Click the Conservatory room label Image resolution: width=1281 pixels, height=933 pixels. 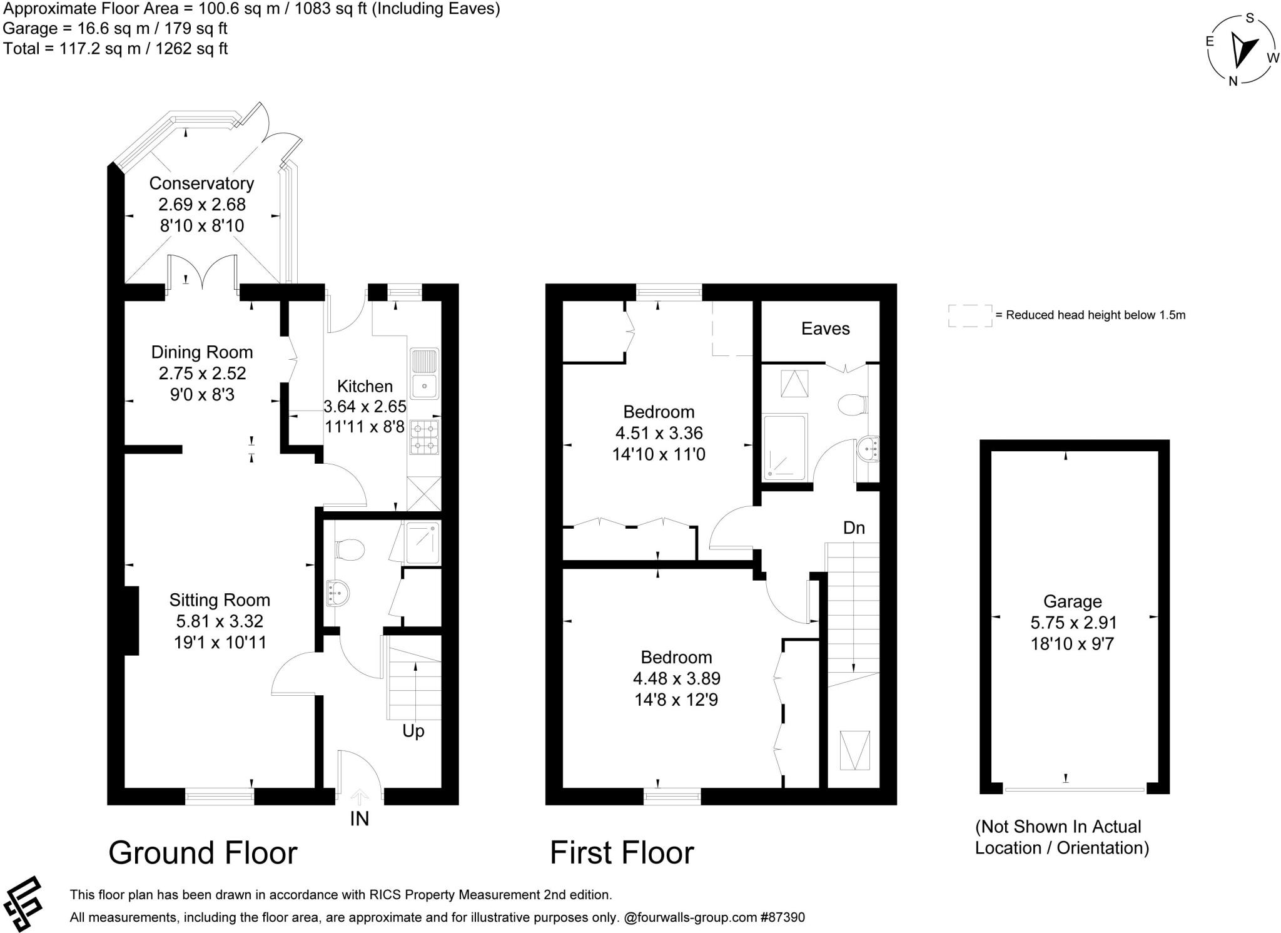[x=201, y=183]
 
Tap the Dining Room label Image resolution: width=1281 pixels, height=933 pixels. [x=202, y=352]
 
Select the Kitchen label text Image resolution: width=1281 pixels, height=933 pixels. [x=365, y=386]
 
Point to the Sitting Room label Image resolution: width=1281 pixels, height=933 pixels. [x=220, y=600]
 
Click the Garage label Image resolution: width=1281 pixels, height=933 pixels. [x=1072, y=601]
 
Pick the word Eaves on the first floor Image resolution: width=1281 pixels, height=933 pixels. [x=826, y=329]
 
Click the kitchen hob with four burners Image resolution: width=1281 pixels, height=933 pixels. [x=425, y=437]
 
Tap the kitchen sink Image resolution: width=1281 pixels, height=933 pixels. [x=425, y=374]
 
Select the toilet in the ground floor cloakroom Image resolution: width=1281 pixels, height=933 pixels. [x=350, y=549]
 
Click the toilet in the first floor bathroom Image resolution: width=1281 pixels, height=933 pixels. [x=852, y=404]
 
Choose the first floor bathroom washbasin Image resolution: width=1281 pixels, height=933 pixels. [x=868, y=449]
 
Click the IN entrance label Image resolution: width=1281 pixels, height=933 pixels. [x=360, y=818]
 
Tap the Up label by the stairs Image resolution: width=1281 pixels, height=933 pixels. [x=413, y=731]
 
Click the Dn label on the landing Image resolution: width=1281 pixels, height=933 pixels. [x=854, y=528]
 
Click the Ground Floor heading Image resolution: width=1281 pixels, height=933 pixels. [x=203, y=852]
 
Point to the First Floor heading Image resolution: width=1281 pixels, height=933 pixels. [x=622, y=852]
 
